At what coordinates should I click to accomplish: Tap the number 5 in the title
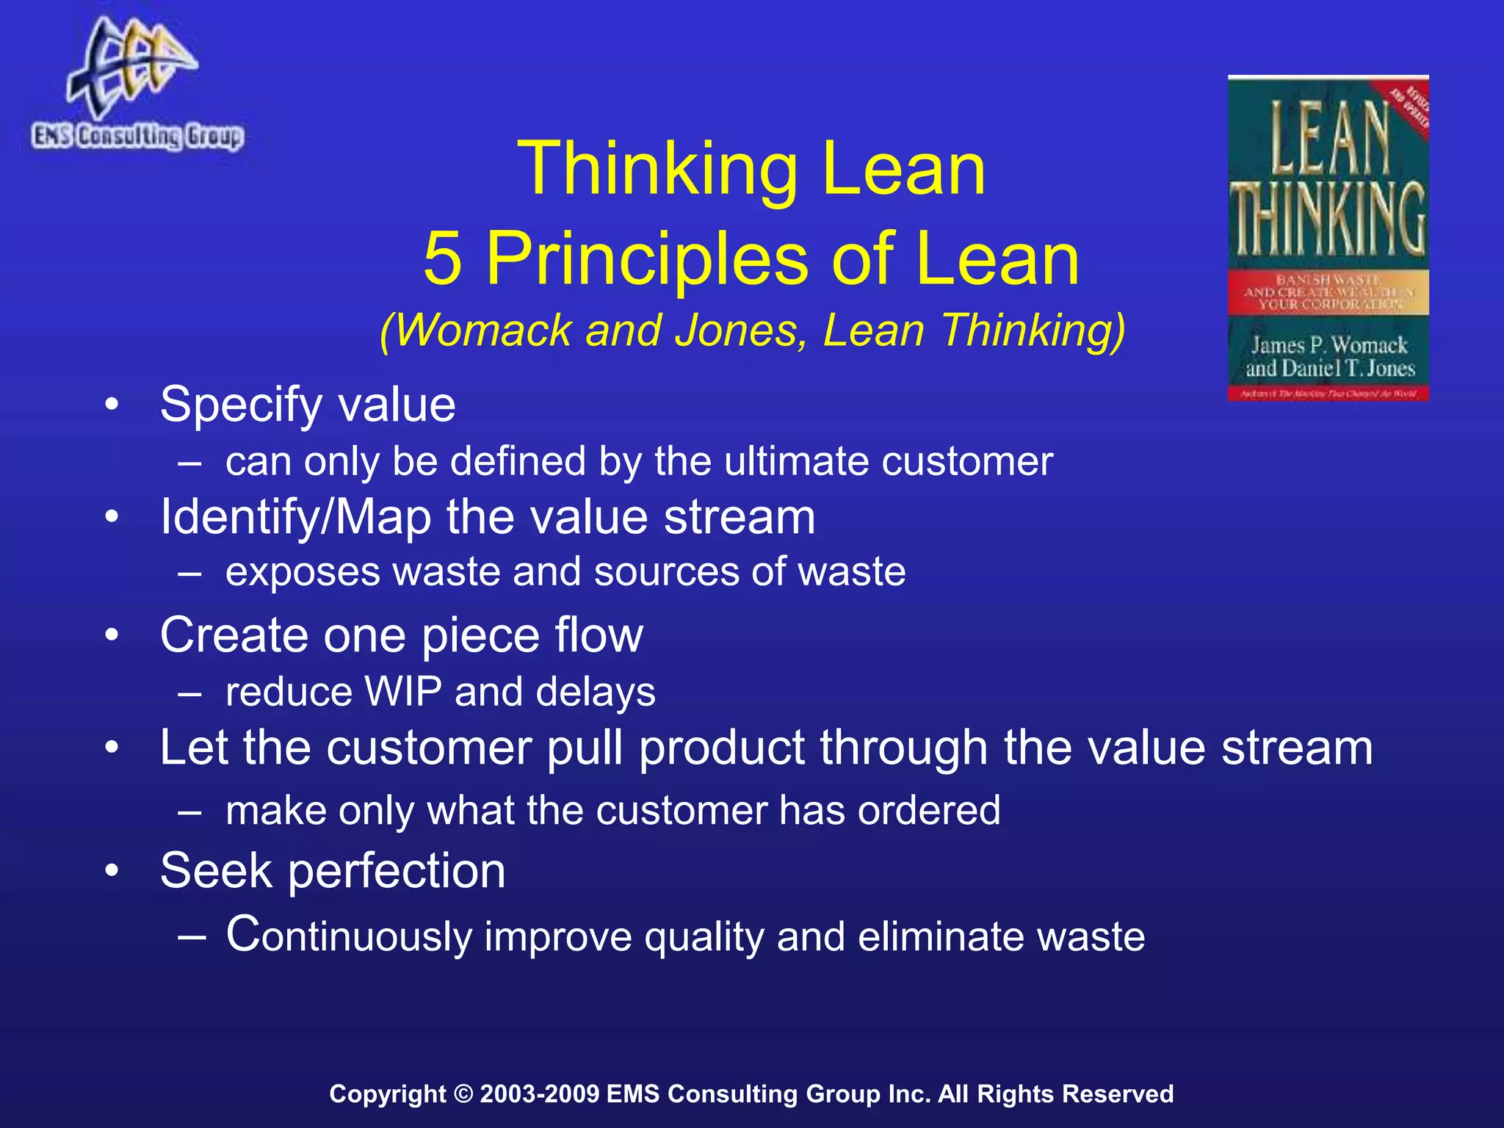tap(443, 258)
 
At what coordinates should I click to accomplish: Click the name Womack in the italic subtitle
tap(485, 330)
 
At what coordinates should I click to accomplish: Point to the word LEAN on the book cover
tap(1329, 140)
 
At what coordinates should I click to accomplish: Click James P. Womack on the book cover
tap(1329, 345)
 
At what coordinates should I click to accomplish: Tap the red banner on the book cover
tap(1328, 292)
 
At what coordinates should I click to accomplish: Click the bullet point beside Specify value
tap(112, 405)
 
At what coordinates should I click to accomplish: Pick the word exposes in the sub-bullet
tap(303, 573)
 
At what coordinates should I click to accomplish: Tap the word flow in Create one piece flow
tap(599, 635)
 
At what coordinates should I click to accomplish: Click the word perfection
tap(397, 872)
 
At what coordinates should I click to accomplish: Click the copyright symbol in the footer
tap(463, 1094)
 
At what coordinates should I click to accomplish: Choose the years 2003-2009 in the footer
tap(540, 1094)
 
